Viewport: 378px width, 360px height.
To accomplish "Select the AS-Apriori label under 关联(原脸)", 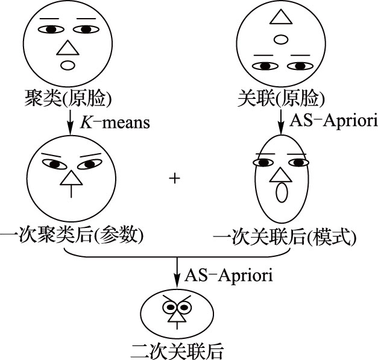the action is (x=325, y=120).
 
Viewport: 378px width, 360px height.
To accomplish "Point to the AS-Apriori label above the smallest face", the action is (x=227, y=275).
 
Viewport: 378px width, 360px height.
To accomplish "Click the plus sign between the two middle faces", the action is (x=175, y=179).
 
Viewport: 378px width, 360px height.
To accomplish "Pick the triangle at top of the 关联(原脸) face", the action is (x=280, y=16).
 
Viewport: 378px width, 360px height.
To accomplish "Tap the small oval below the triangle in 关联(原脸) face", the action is (x=280, y=40).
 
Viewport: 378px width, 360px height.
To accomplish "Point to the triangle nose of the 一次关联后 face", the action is (x=280, y=174).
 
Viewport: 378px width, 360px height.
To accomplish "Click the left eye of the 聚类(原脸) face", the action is (x=51, y=29).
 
